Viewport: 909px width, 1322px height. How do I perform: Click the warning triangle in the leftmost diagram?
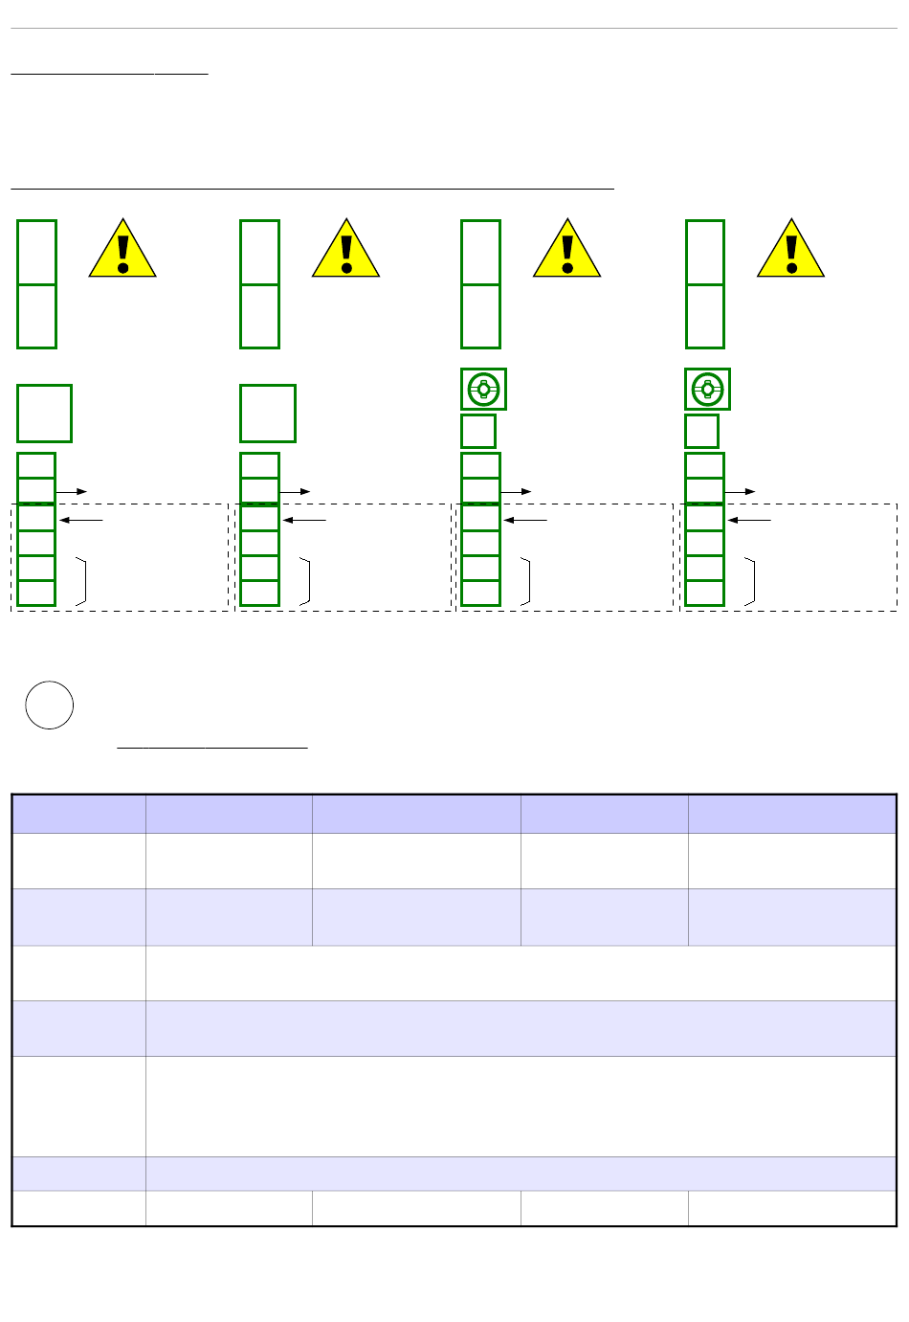[122, 251]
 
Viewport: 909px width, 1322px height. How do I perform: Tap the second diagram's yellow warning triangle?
[345, 251]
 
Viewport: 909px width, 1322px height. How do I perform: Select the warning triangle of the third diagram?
[566, 251]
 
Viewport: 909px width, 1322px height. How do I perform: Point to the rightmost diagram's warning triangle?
[790, 251]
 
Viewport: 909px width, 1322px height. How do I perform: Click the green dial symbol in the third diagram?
[483, 390]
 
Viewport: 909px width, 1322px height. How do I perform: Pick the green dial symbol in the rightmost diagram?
[707, 390]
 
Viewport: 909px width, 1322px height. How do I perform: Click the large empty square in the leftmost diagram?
[44, 414]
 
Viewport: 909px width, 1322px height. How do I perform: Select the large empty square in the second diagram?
[268, 414]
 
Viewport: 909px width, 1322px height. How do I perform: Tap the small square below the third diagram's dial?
[478, 431]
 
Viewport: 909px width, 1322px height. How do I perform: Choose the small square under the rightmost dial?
[702, 431]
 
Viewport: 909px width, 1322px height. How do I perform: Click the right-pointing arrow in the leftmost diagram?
[72, 491]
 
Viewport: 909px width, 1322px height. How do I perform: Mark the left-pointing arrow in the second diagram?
[305, 520]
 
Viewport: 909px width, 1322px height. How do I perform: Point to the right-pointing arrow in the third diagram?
[516, 491]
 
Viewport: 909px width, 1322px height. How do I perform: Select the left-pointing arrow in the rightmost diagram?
[749, 520]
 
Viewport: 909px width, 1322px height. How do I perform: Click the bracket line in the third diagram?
[527, 580]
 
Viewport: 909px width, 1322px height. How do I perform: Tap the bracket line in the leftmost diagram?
[84, 580]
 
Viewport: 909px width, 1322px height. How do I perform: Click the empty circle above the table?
[50, 706]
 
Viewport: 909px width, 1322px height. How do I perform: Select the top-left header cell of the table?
[78, 814]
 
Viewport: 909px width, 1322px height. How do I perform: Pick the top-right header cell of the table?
[791, 814]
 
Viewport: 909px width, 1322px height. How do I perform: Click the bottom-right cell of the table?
[791, 1208]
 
